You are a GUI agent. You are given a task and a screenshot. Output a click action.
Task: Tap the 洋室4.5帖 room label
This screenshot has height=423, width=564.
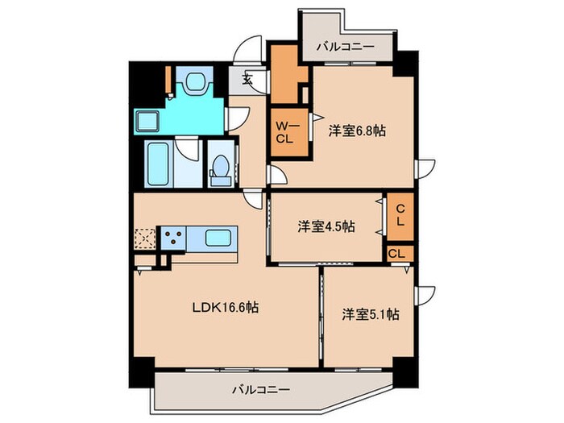tap(326, 226)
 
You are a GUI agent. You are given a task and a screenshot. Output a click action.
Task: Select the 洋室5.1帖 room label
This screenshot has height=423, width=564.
tap(369, 314)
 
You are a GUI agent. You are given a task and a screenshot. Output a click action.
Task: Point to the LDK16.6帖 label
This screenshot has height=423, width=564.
tap(225, 307)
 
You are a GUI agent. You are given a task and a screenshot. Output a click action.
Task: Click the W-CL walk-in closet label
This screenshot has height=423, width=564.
tap(287, 131)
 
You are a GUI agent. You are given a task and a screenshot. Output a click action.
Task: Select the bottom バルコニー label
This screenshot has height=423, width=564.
tap(261, 389)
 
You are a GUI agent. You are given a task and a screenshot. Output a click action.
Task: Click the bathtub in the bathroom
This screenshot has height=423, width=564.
tap(158, 164)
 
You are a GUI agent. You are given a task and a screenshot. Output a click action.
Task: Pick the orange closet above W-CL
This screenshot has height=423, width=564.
tap(286, 79)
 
